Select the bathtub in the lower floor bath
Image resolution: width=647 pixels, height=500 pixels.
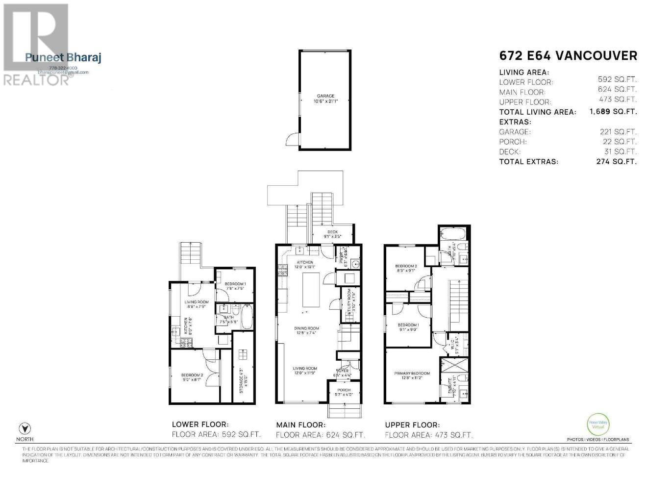click(x=247, y=317)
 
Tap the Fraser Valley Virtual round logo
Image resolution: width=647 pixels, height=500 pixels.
click(x=598, y=425)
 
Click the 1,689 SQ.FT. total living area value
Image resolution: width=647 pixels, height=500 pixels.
click(x=613, y=112)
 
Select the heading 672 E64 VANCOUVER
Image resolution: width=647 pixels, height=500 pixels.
click(x=568, y=56)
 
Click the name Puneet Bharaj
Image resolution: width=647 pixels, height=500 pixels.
click(x=63, y=58)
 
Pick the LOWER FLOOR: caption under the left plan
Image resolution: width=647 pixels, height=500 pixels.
click(x=200, y=425)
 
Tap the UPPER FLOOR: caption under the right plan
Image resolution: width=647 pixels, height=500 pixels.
click(x=412, y=425)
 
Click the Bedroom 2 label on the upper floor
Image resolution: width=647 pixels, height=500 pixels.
click(x=406, y=268)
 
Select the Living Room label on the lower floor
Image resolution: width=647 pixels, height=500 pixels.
click(x=197, y=304)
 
